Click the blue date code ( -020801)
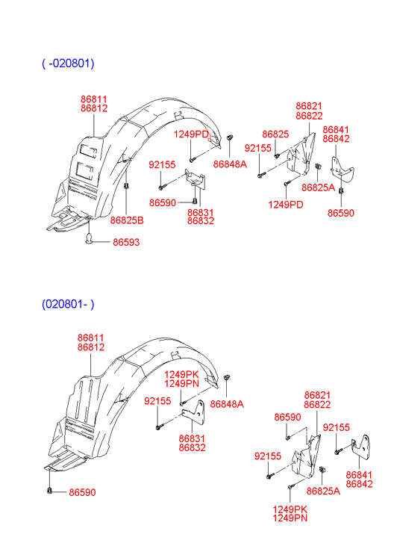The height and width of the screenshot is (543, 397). coord(68,63)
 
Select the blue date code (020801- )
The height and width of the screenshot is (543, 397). coord(68,304)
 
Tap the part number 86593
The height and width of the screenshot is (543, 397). coord(126,242)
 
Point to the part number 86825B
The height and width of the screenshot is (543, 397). coord(127,220)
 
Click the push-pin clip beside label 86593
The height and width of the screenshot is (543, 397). coord(90,238)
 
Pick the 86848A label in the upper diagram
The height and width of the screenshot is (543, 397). coord(230,164)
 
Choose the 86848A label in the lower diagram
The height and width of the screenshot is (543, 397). coord(227,404)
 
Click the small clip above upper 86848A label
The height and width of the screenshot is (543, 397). coord(229,137)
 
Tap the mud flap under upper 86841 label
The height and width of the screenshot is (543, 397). coord(342,169)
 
